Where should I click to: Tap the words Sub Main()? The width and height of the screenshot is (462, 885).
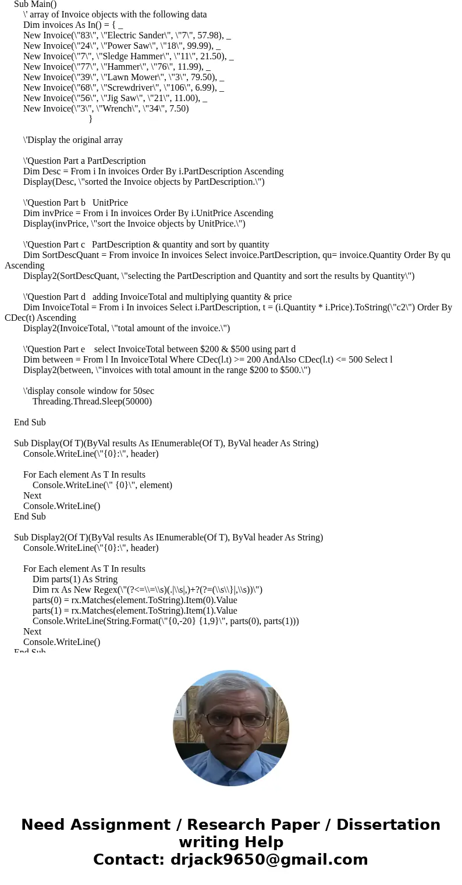(35, 4)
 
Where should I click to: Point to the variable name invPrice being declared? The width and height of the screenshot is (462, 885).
(58, 213)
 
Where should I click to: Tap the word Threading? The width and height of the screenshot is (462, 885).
(53, 402)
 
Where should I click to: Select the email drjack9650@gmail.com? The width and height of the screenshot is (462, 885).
(269, 859)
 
